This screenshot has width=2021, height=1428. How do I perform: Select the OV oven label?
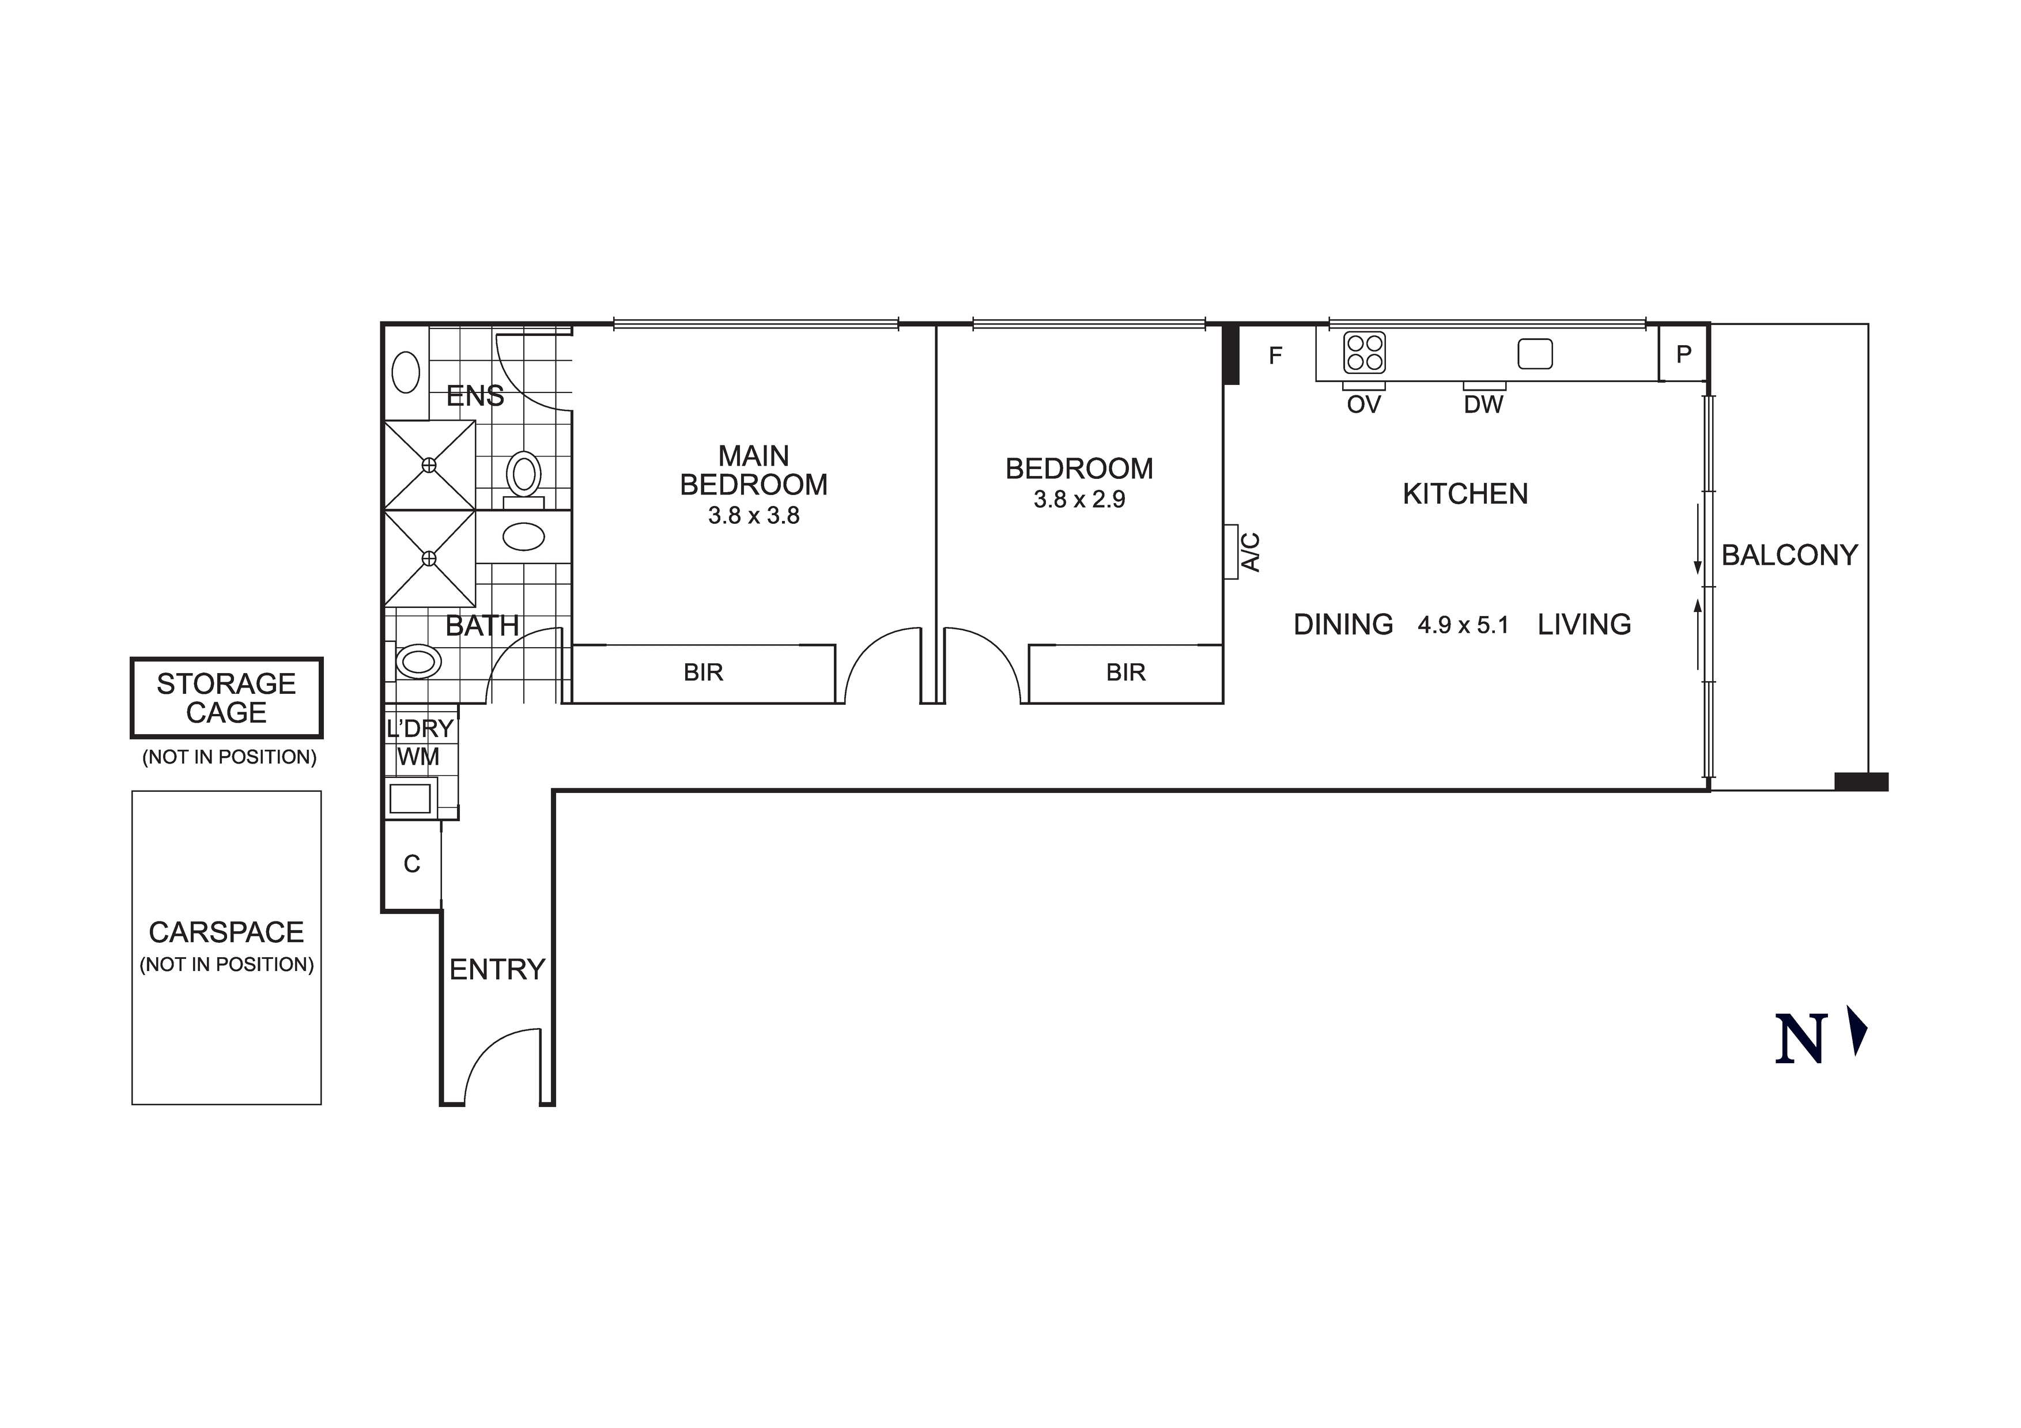pos(1363,405)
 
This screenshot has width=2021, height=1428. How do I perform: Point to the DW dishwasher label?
pos(1483,405)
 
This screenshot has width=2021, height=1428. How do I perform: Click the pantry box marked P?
pos(1683,354)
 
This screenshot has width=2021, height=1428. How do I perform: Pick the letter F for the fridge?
pos(1275,356)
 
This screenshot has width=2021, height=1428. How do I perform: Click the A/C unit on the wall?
pos(1232,552)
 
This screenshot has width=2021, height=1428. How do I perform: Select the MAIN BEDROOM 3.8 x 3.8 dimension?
pos(753,516)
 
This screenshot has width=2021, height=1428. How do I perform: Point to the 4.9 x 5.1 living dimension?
pos(1463,626)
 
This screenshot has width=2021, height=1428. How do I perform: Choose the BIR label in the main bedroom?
pos(703,673)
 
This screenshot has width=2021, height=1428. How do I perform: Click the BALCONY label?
pos(1789,556)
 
